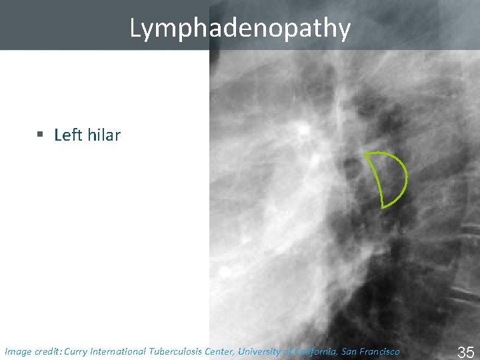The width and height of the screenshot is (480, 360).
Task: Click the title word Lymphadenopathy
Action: pos(240,28)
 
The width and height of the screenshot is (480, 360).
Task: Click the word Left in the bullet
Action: pos(67,135)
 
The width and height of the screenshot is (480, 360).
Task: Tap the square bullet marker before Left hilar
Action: pos(41,135)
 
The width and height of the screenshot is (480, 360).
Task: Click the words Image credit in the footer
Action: pos(32,351)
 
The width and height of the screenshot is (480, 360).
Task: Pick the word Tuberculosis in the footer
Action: pos(177,351)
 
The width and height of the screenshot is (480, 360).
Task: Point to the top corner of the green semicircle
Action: pos(365,154)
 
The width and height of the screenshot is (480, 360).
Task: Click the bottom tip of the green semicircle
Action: pos(383,207)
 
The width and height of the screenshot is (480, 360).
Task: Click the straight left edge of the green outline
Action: pos(374,181)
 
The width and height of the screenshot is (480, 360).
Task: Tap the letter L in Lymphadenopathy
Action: pos(135,29)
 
